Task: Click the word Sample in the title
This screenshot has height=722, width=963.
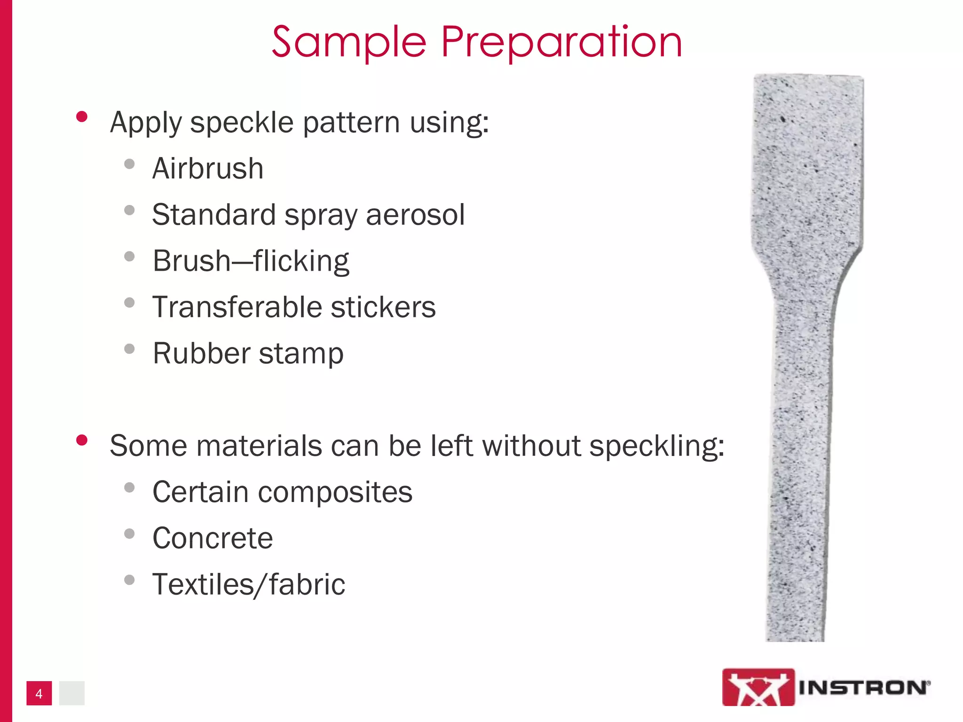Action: [349, 42]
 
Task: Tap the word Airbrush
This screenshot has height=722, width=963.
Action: [208, 168]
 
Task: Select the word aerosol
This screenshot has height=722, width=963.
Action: [415, 215]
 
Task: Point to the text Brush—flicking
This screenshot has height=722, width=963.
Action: [251, 261]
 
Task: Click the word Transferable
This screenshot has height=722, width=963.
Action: [237, 307]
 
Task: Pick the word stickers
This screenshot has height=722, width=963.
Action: [383, 307]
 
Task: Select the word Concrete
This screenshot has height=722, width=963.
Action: [213, 538]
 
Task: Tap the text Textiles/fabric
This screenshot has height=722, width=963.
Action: [249, 585]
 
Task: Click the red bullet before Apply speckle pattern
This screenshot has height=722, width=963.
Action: [82, 117]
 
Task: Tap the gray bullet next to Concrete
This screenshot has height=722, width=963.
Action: [129, 534]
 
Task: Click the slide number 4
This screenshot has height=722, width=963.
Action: [39, 693]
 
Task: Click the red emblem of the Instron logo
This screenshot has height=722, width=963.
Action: [758, 687]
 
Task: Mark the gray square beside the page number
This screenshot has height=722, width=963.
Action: [72, 693]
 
